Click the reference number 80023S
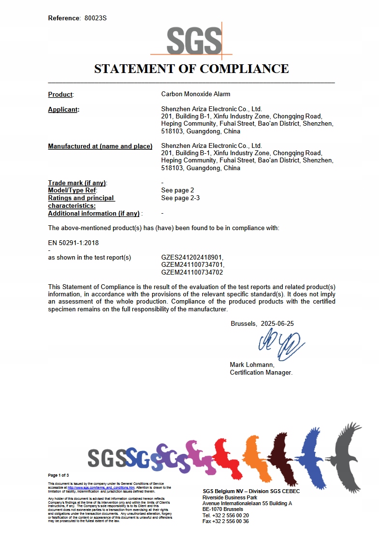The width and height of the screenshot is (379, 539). pos(95,18)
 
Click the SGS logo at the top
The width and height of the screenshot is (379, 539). pos(191,41)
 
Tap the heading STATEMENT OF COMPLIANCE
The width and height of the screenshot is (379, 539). pos(191,69)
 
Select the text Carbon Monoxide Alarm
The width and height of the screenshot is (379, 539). pos(196,94)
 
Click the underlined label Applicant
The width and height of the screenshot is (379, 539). pos(63,110)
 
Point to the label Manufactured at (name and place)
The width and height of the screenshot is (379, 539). pos(100,146)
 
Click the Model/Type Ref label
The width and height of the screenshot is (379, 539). pos(72,190)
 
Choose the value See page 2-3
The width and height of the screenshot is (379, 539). pos(180,198)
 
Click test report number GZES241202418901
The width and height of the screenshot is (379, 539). pos(192,258)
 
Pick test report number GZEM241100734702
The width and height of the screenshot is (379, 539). pos(192,273)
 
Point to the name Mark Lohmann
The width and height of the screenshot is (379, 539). pos(252,365)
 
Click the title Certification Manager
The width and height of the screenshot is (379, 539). pos(261,373)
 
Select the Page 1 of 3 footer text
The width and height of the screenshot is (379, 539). pos(58,476)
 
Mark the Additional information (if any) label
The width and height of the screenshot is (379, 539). pos(94,214)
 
